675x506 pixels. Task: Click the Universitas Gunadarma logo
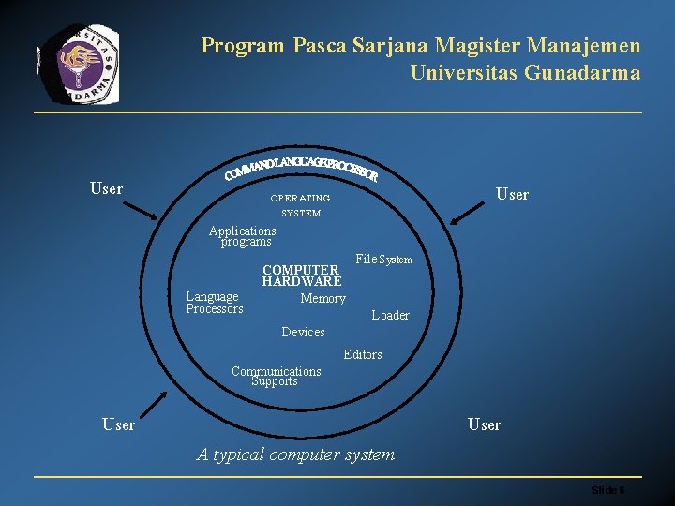point(79,63)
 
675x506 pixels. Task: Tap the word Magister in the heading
point(470,45)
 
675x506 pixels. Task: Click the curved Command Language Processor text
point(301,169)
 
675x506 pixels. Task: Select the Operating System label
point(300,205)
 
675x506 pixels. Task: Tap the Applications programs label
point(243,235)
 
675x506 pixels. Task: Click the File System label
point(383,260)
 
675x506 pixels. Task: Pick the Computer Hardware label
point(301,275)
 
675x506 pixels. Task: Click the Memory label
point(322,299)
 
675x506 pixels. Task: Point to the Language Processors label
point(214,303)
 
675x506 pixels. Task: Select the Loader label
point(390,316)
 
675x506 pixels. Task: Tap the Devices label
point(303,333)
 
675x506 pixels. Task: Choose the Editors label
point(363,355)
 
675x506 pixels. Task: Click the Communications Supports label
point(276,376)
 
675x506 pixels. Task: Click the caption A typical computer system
point(295,454)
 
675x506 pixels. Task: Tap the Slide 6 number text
point(608,491)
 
